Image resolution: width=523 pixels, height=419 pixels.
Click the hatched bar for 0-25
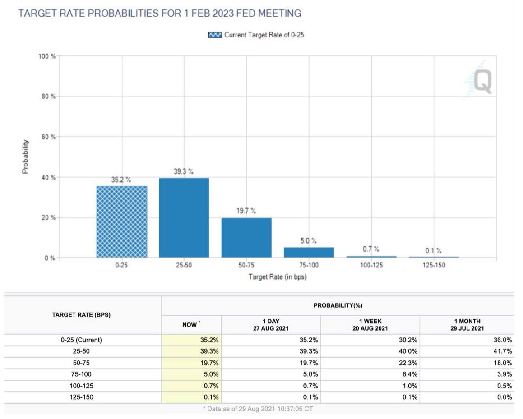pos(122,221)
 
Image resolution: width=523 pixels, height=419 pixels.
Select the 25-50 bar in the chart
pos(184,218)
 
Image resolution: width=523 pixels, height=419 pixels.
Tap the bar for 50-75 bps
pos(246,238)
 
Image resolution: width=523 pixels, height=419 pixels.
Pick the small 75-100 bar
pos(309,252)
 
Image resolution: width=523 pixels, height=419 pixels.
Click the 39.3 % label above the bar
pos(184,171)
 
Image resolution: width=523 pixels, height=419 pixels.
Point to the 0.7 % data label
pos(371,249)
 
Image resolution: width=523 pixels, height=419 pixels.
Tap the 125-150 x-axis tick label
pos(434,265)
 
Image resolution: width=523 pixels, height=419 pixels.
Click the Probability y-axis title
pos(25,157)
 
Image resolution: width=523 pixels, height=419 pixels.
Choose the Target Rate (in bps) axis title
pos(278,276)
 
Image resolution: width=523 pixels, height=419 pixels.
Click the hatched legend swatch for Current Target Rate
pos(215,35)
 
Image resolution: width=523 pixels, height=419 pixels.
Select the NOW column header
pos(191,324)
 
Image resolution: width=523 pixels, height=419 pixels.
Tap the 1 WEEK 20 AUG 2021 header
pos(370,325)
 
